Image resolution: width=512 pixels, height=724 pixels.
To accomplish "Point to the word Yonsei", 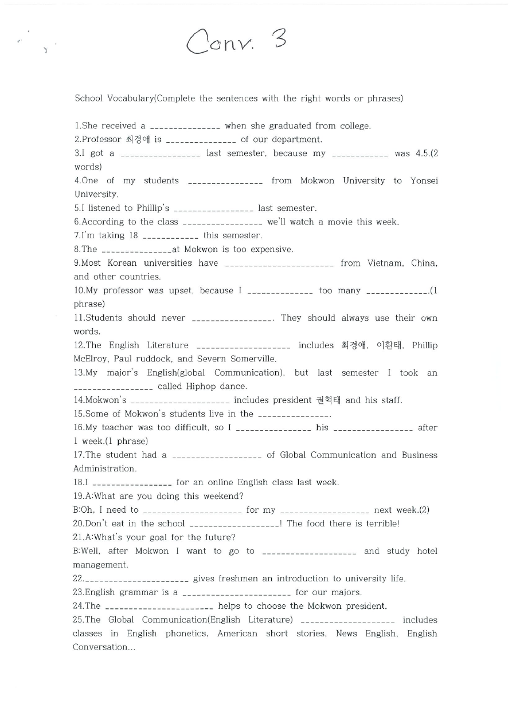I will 424,181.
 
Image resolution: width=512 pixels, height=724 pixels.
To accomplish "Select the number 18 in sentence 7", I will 133,235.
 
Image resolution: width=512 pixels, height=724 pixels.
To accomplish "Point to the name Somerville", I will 249,359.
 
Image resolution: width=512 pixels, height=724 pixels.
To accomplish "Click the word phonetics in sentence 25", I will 186,634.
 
